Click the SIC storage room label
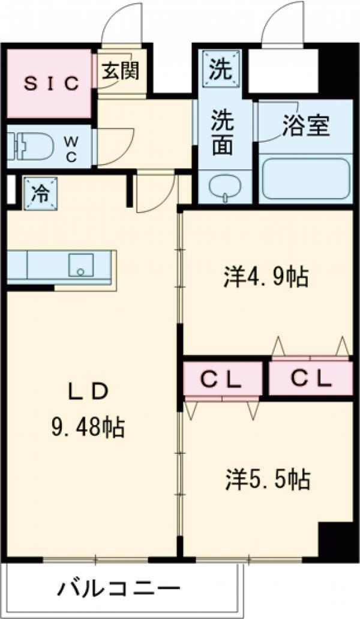[x=51, y=84]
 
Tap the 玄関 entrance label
[x=120, y=71]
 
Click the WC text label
[x=71, y=147]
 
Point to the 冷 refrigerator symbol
[x=40, y=193]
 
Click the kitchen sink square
[x=80, y=265]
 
